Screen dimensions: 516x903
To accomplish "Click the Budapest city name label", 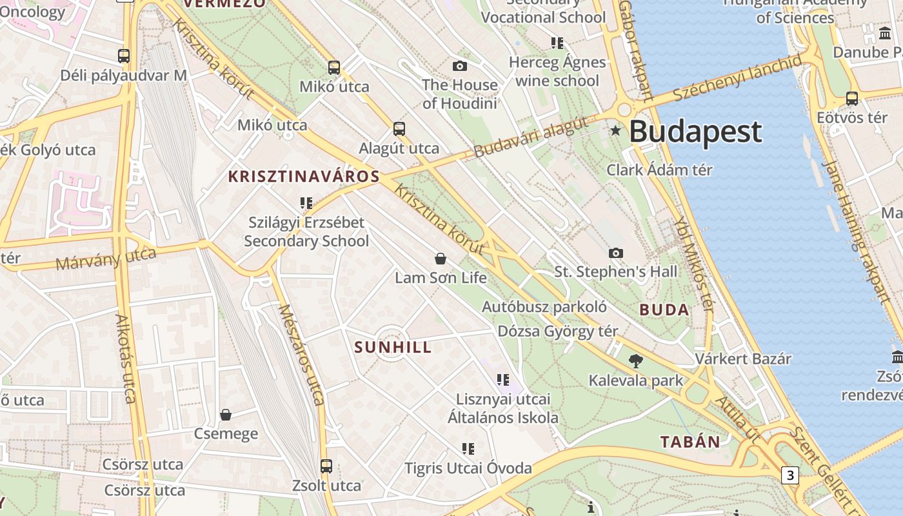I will click(695, 132).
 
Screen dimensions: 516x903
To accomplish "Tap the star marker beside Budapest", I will click(615, 131).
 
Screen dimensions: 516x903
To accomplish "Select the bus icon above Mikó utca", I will click(334, 67).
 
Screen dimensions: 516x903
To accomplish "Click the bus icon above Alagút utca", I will click(399, 128).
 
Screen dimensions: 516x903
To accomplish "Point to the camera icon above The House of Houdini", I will click(460, 66).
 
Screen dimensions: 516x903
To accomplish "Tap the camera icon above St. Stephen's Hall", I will click(616, 253).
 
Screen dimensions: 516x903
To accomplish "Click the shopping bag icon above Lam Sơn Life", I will click(441, 259).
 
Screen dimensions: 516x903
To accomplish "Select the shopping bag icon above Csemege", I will click(226, 414).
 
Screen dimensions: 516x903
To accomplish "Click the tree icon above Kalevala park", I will click(636, 361).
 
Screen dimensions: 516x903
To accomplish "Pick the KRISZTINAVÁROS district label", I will click(304, 177).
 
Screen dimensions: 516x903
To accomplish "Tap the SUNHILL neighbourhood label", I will click(393, 348).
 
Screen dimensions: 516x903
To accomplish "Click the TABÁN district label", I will click(690, 442).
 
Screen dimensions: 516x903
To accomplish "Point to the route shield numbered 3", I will click(789, 475).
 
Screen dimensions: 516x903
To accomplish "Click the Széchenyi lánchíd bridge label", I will click(737, 78).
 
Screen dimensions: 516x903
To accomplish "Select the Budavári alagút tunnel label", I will click(531, 137).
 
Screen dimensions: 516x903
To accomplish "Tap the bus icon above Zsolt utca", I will click(326, 466).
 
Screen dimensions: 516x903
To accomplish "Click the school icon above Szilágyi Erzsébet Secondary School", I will click(306, 203).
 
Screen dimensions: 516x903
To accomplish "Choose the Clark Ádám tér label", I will click(659, 170).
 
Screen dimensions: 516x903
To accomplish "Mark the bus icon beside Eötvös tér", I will click(852, 99).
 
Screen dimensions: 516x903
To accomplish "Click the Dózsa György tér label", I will click(558, 332).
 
